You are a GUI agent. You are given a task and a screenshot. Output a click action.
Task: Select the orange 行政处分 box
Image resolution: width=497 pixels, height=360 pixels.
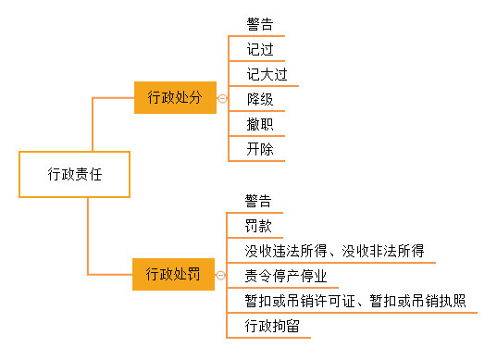[x=175, y=96]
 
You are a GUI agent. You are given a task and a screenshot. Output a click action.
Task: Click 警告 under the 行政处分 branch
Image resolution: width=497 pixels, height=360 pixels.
[x=260, y=23]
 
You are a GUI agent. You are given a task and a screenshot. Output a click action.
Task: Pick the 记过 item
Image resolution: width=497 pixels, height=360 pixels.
[x=260, y=48]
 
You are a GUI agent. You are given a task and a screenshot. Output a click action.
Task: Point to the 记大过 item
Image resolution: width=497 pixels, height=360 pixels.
[x=267, y=73]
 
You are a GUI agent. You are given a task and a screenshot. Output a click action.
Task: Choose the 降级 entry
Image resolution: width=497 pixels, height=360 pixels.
[x=260, y=98]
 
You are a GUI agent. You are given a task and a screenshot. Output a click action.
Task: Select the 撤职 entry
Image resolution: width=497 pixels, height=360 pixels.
[x=260, y=123]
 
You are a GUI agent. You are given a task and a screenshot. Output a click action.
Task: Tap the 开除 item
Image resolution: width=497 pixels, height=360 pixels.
[x=260, y=148]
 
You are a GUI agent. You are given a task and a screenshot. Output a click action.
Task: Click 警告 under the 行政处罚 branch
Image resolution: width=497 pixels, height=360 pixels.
[x=258, y=201]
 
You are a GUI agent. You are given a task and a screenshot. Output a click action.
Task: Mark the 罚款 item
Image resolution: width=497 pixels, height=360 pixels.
[x=258, y=226]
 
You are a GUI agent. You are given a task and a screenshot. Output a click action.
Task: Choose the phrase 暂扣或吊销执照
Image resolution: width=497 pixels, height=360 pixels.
[x=417, y=301]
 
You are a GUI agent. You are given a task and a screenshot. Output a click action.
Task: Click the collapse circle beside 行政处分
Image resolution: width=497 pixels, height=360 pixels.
[x=221, y=97]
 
